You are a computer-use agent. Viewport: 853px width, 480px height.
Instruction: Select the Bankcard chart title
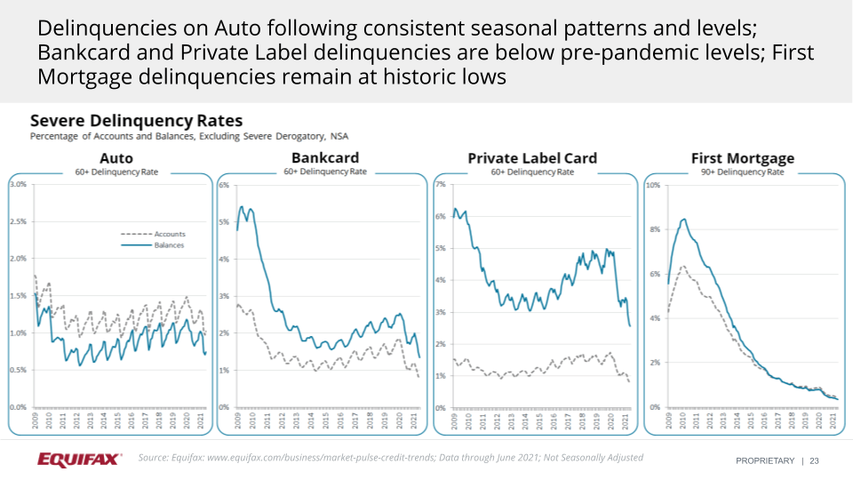(324, 158)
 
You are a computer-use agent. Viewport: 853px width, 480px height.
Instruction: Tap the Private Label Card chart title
(532, 158)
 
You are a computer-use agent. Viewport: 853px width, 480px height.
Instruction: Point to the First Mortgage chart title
(742, 158)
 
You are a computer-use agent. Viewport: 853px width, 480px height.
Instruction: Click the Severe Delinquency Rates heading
(136, 120)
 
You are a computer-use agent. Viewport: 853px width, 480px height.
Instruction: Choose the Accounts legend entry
(169, 234)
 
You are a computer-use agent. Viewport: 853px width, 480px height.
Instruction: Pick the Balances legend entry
(169, 244)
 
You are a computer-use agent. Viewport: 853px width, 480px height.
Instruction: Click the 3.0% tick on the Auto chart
(17, 184)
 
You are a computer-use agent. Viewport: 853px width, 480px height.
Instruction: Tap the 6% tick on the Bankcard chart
(224, 186)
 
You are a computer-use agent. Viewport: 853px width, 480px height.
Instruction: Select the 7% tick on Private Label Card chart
(439, 186)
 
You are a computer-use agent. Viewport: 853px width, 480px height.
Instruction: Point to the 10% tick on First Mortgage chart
(653, 186)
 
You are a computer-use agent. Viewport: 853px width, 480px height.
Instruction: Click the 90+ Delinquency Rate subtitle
(742, 172)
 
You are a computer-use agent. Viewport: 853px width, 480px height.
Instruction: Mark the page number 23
(814, 460)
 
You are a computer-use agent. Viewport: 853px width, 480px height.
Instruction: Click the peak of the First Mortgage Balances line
(683, 219)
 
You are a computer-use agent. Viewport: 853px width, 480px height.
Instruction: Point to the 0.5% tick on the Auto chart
(17, 371)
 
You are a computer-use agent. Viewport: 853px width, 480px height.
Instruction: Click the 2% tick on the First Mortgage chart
(655, 363)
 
